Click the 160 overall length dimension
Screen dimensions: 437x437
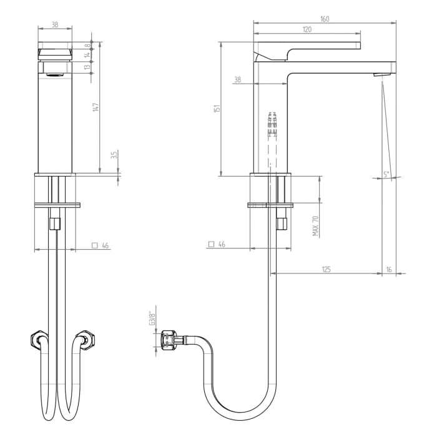[x=325, y=19]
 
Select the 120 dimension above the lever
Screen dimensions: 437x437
[x=307, y=30]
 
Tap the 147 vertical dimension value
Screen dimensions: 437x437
[x=96, y=107]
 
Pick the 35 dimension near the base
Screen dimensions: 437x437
[x=114, y=155]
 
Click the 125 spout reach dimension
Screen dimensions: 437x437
[x=326, y=269]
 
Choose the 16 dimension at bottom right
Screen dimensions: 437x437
[x=389, y=269]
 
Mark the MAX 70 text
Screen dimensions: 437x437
[x=316, y=225]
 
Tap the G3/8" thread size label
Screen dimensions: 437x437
[x=151, y=318]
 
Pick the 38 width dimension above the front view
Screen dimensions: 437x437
[x=55, y=26]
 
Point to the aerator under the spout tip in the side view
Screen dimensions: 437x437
[x=377, y=76]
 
